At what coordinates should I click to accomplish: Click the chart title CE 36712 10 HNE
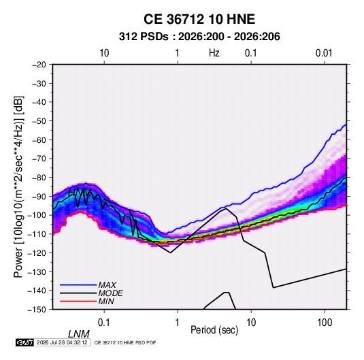199,19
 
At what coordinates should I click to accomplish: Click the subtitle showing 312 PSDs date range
199,37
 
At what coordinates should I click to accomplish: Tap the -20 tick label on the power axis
39,65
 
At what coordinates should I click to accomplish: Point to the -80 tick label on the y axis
39,178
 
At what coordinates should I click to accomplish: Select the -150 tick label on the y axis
37,310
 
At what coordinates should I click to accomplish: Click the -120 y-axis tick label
37,252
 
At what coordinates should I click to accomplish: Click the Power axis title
18,186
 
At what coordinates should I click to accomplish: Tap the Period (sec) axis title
214,330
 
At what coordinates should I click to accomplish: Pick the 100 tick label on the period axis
325,323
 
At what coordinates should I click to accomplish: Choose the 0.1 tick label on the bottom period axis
104,323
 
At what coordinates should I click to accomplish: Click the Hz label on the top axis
214,53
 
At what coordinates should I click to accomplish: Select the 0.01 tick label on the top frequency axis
324,53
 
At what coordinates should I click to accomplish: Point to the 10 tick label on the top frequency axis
104,53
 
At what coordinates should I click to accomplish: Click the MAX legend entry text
107,285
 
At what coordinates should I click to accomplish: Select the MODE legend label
110,293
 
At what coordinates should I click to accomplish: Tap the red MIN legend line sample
78,301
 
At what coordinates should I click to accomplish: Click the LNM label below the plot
79,334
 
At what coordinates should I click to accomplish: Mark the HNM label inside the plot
80,192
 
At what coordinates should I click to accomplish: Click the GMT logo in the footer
24,342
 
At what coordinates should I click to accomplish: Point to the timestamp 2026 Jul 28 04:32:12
62,342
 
